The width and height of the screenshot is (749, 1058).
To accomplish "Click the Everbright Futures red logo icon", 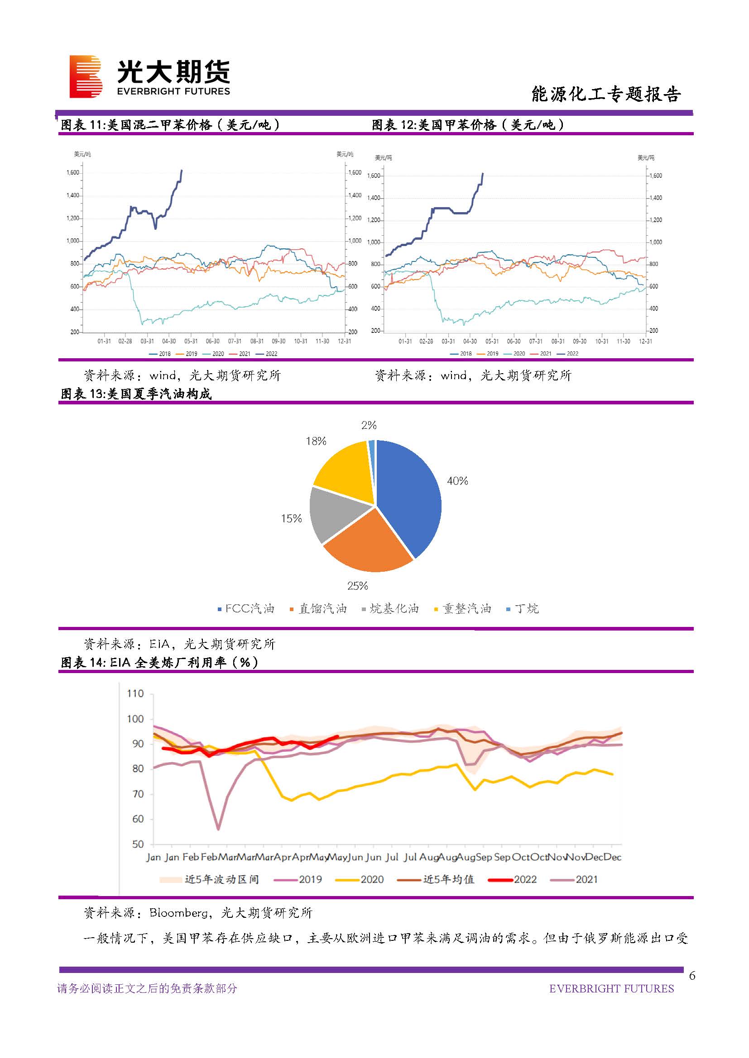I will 86,76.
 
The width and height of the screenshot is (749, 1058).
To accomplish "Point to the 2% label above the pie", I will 369,425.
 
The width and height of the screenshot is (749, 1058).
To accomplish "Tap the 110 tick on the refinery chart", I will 135,694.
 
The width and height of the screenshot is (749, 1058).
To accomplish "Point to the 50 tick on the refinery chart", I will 138,845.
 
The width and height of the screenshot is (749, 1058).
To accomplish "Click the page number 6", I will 692,976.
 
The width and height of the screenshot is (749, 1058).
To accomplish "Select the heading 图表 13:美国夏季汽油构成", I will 136,394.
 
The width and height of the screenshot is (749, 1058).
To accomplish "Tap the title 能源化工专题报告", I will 605,94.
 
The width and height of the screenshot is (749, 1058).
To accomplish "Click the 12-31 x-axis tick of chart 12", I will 645,342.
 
